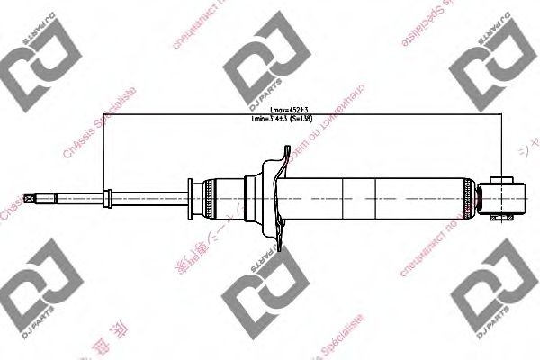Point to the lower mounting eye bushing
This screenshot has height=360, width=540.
coord(503,195)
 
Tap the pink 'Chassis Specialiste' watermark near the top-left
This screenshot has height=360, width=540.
coord(99,126)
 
